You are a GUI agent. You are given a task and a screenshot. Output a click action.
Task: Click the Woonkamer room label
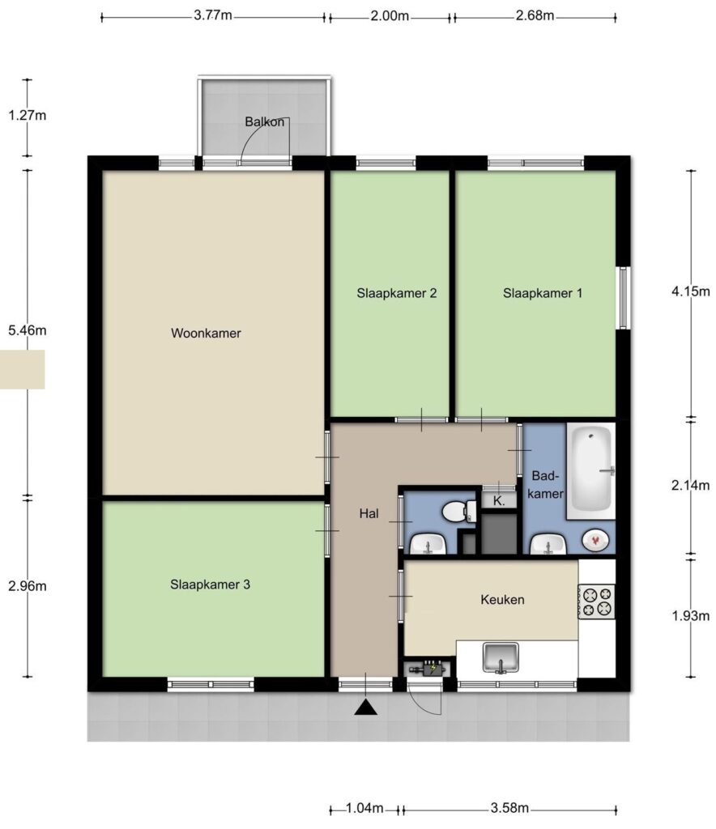coord(206,333)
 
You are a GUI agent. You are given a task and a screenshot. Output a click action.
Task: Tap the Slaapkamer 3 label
coord(210,585)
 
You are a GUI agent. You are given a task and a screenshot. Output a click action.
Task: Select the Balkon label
coord(264,121)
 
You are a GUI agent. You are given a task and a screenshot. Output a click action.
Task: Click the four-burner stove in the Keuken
coord(596,602)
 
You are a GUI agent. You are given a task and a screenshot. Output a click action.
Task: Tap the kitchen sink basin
coord(501,657)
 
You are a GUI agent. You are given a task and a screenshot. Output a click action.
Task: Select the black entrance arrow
coord(365,708)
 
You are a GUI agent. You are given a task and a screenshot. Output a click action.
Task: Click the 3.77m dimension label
coord(212,15)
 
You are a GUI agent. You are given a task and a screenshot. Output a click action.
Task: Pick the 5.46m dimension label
coord(28,330)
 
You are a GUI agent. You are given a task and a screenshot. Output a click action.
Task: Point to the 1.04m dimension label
coord(364,808)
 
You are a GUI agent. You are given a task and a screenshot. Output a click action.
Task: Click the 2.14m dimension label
coord(691,485)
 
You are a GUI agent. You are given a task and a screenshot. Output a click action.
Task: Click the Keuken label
coord(502,600)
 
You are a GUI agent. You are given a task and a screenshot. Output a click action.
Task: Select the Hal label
coord(369,513)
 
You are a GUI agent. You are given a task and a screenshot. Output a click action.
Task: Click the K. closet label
coord(499,500)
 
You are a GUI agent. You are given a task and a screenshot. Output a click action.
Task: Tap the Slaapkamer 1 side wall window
coord(624,298)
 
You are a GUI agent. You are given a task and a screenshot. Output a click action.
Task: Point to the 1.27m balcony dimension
coord(28,115)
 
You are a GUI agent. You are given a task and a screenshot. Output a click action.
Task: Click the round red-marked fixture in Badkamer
coord(595,540)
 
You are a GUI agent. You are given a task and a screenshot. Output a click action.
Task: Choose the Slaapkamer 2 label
coord(397,293)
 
